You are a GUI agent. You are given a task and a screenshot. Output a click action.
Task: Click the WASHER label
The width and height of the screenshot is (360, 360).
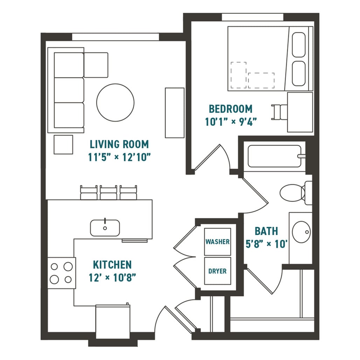click(x=217, y=242)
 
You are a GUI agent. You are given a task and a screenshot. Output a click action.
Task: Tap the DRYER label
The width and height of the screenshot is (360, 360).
click(x=217, y=271)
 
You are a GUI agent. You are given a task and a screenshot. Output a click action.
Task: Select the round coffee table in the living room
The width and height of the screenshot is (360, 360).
click(x=115, y=102)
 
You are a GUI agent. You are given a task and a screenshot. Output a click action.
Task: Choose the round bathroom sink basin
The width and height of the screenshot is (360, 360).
click(x=302, y=231)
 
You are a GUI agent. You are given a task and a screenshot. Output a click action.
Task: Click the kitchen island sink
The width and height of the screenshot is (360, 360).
click(x=105, y=228)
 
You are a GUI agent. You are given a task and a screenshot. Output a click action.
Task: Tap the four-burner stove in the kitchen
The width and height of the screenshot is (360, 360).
click(x=61, y=273)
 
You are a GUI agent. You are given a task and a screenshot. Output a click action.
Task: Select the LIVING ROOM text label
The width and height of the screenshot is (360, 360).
click(x=119, y=144)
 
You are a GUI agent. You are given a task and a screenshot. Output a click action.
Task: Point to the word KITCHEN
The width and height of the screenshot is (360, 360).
click(x=112, y=264)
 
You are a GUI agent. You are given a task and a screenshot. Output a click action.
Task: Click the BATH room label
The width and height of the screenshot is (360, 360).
click(x=266, y=231)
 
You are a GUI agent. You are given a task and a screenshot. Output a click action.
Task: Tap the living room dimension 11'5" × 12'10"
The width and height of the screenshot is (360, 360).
click(x=119, y=157)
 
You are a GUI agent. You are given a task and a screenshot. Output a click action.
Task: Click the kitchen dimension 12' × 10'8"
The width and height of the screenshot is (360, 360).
click(x=112, y=278)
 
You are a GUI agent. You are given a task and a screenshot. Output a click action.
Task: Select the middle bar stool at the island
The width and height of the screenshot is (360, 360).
click(x=109, y=193)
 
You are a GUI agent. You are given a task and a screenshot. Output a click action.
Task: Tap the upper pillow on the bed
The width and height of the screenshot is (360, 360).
click(x=298, y=45)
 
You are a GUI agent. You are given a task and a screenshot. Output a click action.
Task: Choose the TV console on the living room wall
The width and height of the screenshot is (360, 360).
click(x=174, y=113)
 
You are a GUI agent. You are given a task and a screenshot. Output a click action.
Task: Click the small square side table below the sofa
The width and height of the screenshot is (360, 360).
click(x=63, y=144)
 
